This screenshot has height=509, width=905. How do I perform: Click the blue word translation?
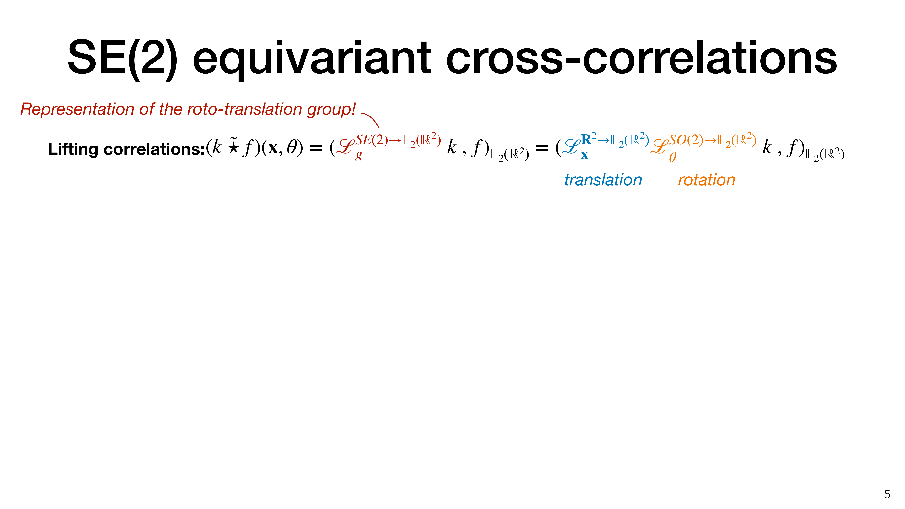pyautogui.click(x=603, y=180)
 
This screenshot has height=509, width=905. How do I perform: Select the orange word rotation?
pyautogui.click(x=706, y=180)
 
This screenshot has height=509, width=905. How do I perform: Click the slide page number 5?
pyautogui.click(x=887, y=495)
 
